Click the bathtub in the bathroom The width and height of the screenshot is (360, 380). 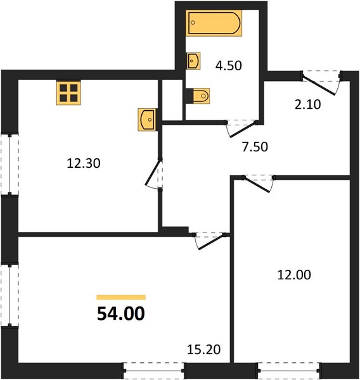click(214, 23)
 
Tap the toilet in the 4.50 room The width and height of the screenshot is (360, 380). click(198, 96)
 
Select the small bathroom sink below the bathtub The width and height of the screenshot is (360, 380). click(193, 61)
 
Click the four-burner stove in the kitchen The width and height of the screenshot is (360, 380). click(68, 93)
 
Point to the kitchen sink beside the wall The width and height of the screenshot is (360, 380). click(147, 120)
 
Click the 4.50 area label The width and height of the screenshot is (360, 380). click(229, 66)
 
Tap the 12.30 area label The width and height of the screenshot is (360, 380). click(84, 163)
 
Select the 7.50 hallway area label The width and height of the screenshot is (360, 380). click(255, 147)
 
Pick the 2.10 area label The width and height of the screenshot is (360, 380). click(307, 104)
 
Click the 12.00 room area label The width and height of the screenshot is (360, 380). click(294, 275)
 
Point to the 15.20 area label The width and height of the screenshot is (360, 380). click(204, 349)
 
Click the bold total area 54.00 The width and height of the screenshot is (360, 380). click(121, 313)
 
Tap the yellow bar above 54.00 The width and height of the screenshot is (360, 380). click(121, 298)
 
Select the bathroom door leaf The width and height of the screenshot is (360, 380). click(242, 129)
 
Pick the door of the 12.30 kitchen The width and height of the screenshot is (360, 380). click(153, 172)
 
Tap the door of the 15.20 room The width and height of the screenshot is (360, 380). click(210, 241)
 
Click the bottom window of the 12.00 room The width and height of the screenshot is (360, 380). click(288, 370)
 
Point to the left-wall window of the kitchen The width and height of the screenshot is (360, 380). click(10, 165)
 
